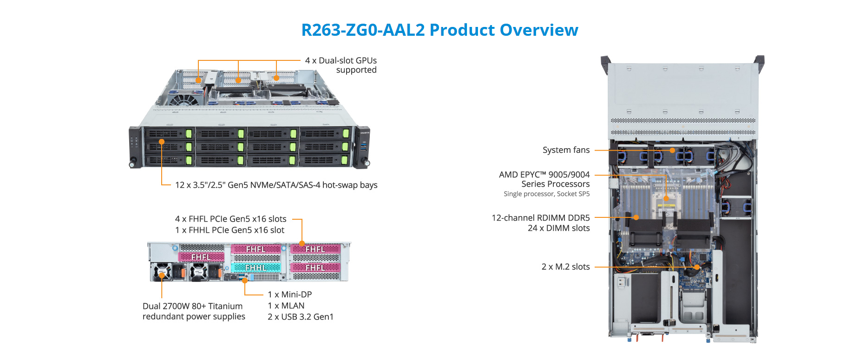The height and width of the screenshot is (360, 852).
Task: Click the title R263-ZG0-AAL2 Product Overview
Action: click(439, 30)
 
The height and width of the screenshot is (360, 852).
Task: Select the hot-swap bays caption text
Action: click(276, 185)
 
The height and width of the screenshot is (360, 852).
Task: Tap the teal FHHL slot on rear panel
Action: click(256, 268)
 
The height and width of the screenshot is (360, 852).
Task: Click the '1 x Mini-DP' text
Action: click(289, 295)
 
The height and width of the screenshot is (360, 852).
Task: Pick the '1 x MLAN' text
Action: click(286, 306)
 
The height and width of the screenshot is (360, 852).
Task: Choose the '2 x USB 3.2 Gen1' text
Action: click(300, 317)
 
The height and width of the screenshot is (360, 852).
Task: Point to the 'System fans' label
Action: click(566, 150)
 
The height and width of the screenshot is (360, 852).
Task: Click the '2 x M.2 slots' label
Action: click(565, 267)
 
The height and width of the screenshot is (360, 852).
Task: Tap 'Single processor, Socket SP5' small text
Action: click(546, 194)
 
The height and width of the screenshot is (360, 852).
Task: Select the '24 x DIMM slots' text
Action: click(558, 228)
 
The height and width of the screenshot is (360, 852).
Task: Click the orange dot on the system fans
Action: click(672, 151)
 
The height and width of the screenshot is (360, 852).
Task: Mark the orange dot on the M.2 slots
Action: click(697, 267)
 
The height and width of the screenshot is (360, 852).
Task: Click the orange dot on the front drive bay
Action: click(162, 142)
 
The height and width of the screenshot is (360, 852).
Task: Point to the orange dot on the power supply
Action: click(162, 275)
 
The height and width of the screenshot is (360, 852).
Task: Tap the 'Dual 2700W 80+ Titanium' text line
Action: click(192, 306)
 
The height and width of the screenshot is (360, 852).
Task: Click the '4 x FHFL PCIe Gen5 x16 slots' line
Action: click(230, 219)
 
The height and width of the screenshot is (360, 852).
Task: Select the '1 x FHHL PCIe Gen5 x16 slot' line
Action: click(229, 230)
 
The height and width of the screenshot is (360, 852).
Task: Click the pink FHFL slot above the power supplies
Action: click(201, 257)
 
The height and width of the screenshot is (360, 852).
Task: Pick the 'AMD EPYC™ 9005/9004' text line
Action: click(544, 175)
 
